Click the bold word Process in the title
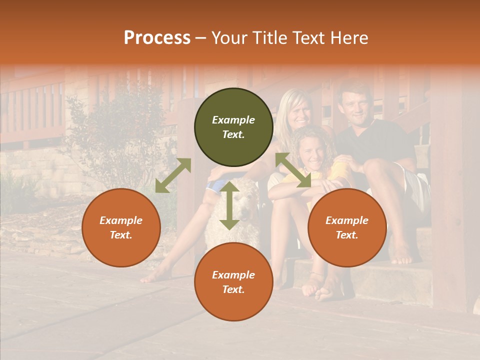pos(157,38)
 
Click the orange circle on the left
pos(121,227)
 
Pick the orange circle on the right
pos(347,227)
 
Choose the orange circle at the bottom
pos(233,282)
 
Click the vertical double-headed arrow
pos(229,205)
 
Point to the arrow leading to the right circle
pos(293,170)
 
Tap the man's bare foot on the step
pos(401,255)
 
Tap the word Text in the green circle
pos(233,134)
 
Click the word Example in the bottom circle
pos(233,274)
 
